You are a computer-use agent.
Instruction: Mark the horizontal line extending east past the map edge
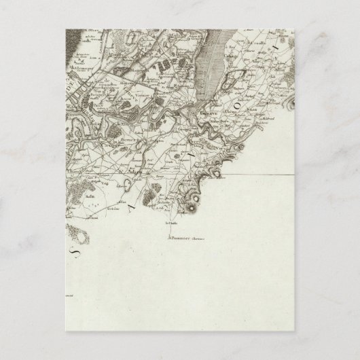pyautogui.click(x=265, y=175)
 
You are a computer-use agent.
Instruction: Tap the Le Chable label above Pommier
pyautogui.click(x=169, y=221)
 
